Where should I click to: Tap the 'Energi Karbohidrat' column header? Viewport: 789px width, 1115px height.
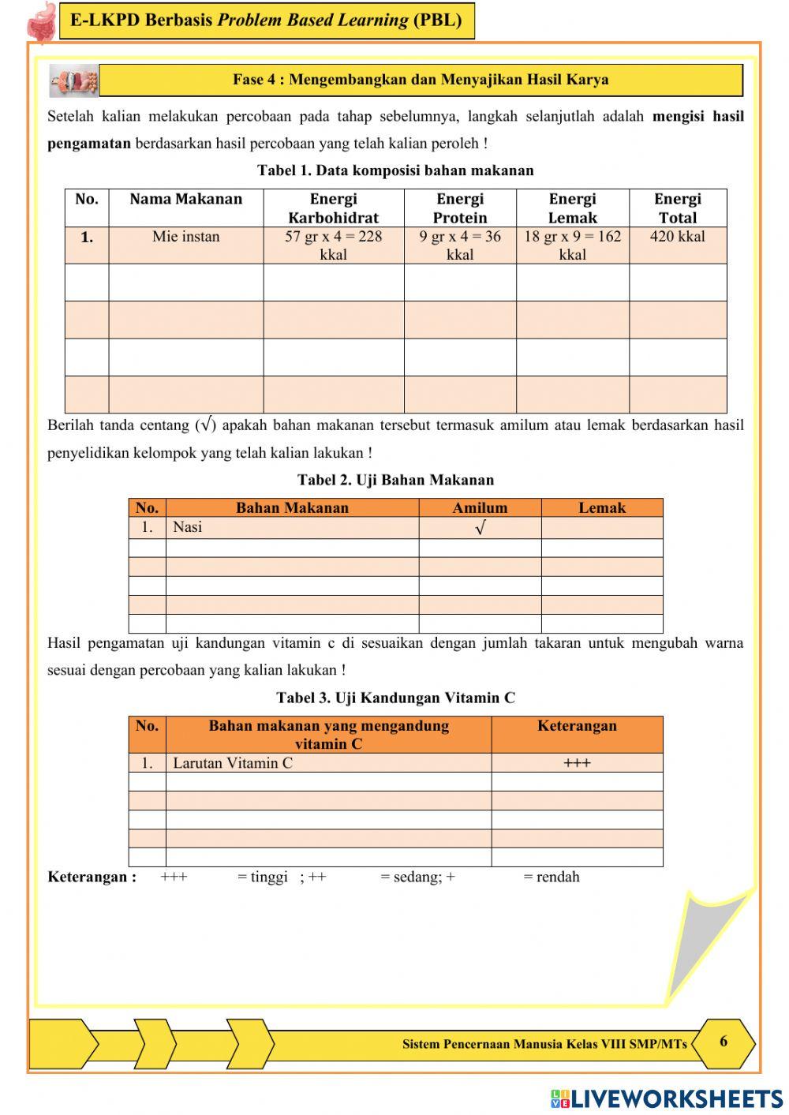(x=333, y=208)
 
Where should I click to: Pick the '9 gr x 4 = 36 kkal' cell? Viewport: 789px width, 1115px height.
(x=459, y=245)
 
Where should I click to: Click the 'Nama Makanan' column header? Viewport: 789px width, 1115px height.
(x=185, y=199)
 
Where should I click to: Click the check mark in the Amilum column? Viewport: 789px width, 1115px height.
(x=480, y=528)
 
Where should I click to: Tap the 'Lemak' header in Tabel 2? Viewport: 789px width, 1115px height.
(x=601, y=508)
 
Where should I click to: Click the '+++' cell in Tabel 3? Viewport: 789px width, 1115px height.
(x=577, y=763)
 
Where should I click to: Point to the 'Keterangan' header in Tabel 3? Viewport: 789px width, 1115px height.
(x=577, y=726)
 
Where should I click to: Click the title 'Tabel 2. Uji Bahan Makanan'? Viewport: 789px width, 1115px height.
(x=395, y=480)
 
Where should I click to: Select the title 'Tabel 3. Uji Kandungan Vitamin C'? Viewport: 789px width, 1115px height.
(x=395, y=698)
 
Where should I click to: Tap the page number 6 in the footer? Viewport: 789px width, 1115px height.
(x=724, y=1042)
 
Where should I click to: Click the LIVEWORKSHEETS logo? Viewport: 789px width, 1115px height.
(x=667, y=1098)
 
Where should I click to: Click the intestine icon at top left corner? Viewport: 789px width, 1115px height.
(x=41, y=21)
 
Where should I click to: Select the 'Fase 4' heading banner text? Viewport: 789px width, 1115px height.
(x=421, y=80)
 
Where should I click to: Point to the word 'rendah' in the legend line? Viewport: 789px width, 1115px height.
(x=558, y=877)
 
